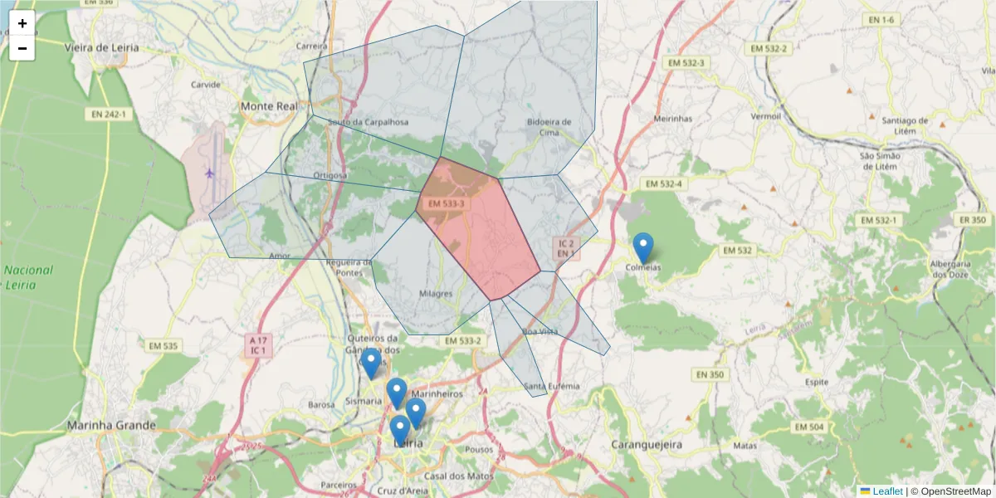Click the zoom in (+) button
pyautogui.click(x=22, y=23)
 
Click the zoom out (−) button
pyautogui.click(x=22, y=48)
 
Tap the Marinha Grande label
pyautogui.click(x=111, y=426)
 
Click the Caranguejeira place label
pyautogui.click(x=647, y=445)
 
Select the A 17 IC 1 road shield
pyautogui.click(x=258, y=345)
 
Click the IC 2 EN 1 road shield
pyautogui.click(x=566, y=247)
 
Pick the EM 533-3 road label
pyautogui.click(x=447, y=203)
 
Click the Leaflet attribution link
pyautogui.click(x=887, y=491)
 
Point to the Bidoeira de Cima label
pyautogui.click(x=549, y=126)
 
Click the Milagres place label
pyautogui.click(x=436, y=293)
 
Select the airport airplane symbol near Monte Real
pyautogui.click(x=209, y=173)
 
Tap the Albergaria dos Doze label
pyautogui.click(x=951, y=269)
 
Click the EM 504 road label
pyautogui.click(x=809, y=427)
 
